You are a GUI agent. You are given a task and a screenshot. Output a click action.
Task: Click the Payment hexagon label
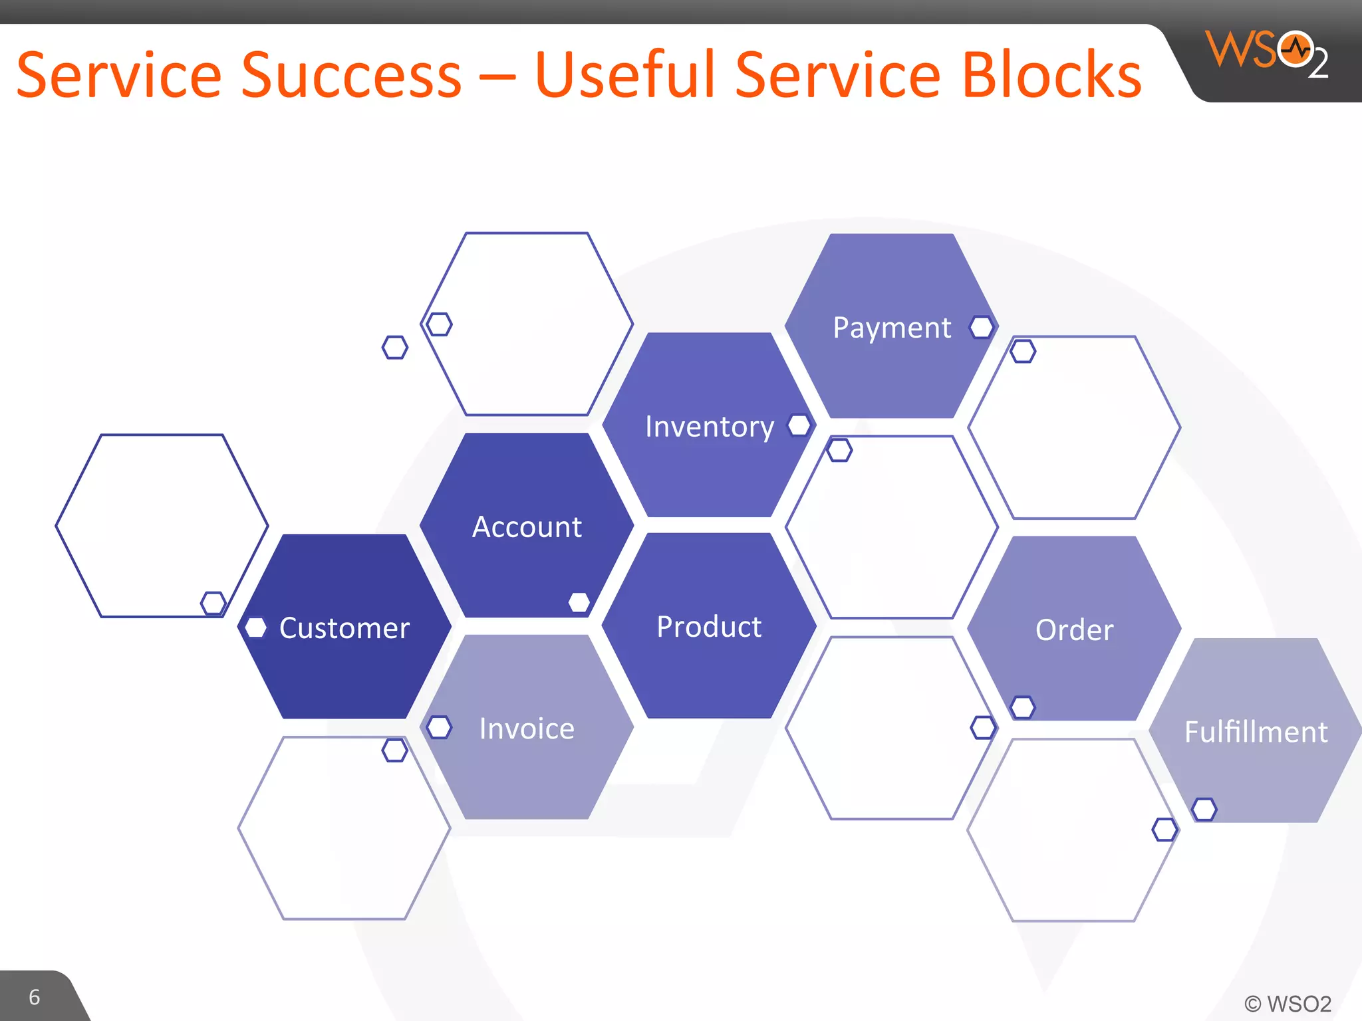892,328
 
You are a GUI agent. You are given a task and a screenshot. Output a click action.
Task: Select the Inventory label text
710,426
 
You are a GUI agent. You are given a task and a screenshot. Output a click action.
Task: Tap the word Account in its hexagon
527,527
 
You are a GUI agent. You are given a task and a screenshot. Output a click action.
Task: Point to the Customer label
344,628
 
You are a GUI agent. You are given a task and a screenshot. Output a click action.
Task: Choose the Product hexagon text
709,627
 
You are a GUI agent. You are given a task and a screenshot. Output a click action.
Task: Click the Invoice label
527,729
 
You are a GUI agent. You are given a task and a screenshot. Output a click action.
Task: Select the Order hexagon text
1074,629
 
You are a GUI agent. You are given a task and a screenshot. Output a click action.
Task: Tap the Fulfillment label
1256,732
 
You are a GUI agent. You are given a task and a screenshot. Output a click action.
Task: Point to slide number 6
35,997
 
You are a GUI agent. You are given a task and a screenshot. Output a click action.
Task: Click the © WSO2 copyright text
1288,1003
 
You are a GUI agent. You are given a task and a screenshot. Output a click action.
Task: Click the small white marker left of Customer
255,627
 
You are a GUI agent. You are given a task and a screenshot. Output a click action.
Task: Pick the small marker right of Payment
982,327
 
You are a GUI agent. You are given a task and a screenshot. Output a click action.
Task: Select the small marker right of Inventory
799,425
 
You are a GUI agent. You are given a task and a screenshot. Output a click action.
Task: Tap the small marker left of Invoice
439,727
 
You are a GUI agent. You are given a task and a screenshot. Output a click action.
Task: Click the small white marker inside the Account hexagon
579,602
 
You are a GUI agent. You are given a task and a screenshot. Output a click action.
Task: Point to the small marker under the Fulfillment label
1204,810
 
